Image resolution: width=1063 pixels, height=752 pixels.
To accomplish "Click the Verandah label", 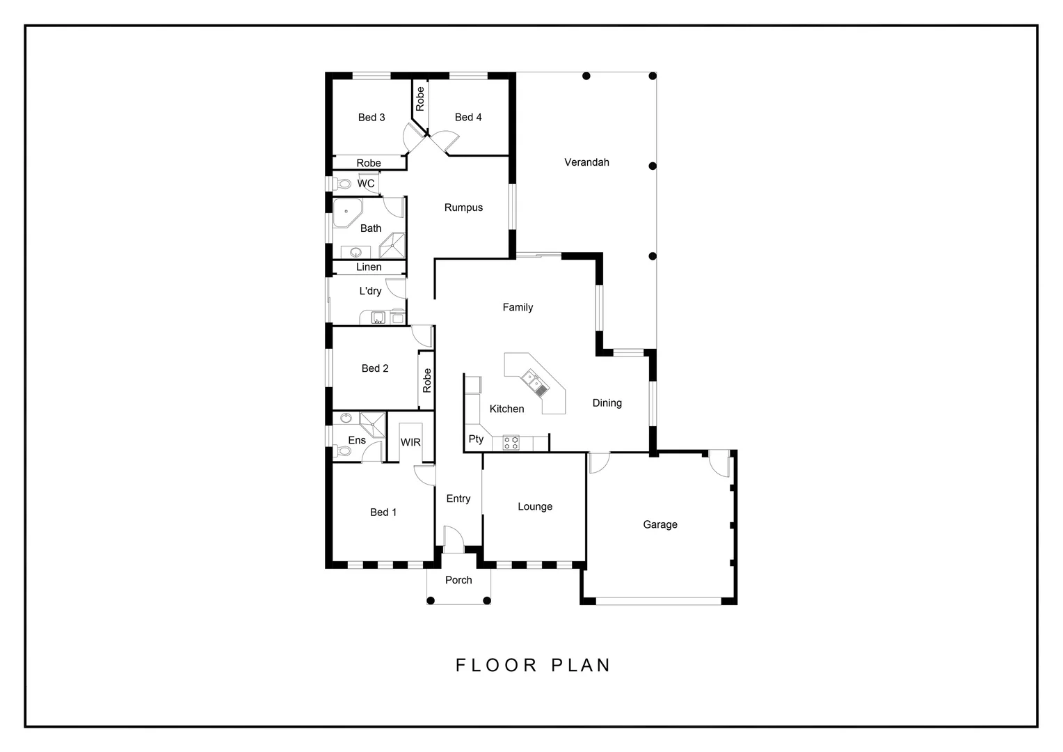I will pos(586,162).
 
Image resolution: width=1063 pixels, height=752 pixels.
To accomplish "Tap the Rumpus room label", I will pos(463,207).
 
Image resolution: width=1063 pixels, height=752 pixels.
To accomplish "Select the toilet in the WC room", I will pos(341,184).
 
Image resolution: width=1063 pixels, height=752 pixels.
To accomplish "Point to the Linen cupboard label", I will pos(369,267).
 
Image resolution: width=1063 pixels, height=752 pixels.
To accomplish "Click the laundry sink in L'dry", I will pos(378,318).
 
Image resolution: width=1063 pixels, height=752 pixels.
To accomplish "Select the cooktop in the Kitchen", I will pos(511,442).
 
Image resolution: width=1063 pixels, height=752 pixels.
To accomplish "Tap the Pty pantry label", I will pos(476,439).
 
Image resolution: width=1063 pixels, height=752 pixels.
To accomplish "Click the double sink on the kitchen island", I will pos(534,382).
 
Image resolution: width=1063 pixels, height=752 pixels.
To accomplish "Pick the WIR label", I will pos(410,442).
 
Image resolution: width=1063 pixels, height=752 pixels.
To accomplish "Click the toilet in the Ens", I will pos(343,451).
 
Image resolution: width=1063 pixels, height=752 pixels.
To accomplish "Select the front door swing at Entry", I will pos(453,539).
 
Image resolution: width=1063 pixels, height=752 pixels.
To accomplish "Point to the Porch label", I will pos(458,580).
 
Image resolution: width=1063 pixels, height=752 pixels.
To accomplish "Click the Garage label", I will pos(660,524).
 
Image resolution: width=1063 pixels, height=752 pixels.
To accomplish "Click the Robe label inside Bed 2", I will pos(426,380).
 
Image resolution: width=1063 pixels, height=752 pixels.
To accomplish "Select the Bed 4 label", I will pos(468,117).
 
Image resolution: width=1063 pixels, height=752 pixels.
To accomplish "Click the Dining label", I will pos(607,403).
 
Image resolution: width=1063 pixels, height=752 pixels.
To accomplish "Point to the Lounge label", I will pos(535,506).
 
